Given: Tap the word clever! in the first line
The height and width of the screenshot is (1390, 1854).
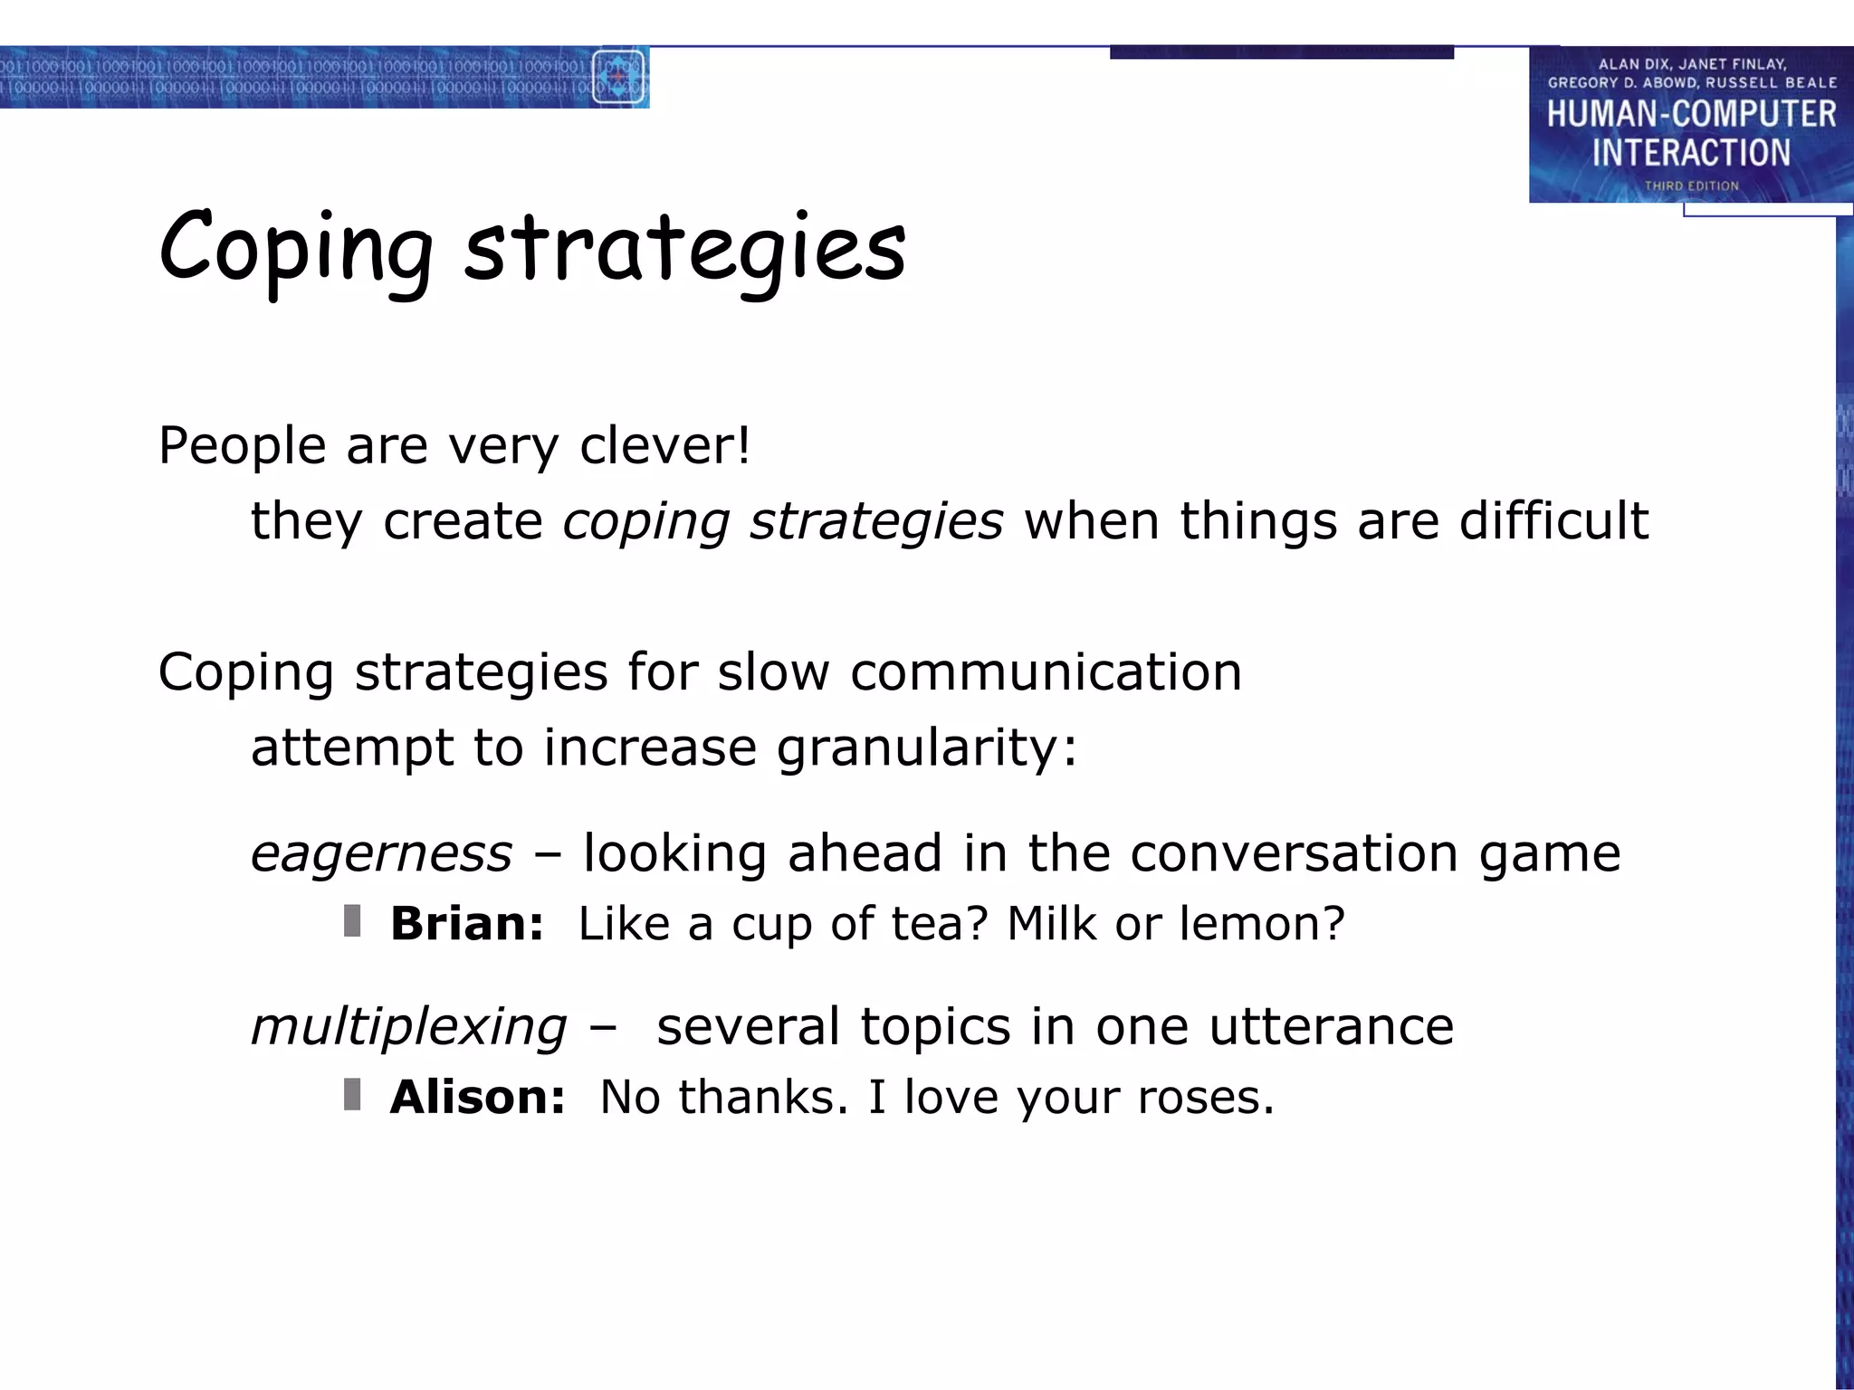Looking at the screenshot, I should click(664, 445).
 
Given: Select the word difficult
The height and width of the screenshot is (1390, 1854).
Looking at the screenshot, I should click(1553, 521).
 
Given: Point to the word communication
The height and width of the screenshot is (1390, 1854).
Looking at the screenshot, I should click(1046, 672).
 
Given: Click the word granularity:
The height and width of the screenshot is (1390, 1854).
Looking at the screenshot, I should click(927, 748).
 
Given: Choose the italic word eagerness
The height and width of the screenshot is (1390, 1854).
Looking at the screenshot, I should click(381, 853).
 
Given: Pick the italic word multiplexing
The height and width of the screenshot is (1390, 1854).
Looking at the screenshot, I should click(408, 1027).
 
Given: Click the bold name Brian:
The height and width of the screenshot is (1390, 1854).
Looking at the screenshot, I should click(467, 924).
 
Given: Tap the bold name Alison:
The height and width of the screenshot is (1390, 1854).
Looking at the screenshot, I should click(477, 1098).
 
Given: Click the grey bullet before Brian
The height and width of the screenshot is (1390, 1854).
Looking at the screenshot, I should click(352, 921).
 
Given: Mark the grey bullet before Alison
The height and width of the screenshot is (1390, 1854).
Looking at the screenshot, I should click(352, 1095).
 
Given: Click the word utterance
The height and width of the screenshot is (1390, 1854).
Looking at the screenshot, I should click(1331, 1027).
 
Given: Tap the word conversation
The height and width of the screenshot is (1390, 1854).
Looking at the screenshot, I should click(1294, 853).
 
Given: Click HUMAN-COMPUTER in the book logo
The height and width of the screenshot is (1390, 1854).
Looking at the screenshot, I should click(1691, 114).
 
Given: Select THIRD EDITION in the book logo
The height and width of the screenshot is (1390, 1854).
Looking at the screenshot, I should click(1691, 186).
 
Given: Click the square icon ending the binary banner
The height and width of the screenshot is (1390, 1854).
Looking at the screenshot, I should click(619, 78).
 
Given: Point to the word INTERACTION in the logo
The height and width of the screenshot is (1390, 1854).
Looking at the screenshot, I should click(1691, 153).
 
